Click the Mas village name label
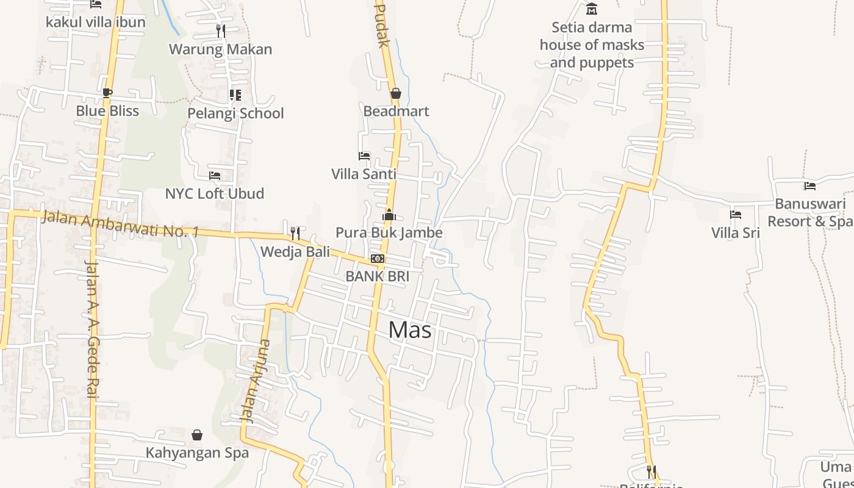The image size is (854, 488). [410, 330]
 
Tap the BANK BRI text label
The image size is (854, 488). [377, 276]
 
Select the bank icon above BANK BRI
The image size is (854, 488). [378, 259]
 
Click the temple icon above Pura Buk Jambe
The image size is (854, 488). [389, 215]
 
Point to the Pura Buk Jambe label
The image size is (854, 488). [389, 232]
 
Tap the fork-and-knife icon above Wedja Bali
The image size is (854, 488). [295, 233]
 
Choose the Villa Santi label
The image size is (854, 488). [364, 174]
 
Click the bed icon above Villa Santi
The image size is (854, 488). [364, 156]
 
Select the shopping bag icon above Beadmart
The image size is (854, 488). [396, 93]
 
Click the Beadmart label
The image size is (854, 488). [396, 111]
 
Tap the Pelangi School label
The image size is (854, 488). [235, 113]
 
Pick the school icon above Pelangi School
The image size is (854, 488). [235, 95]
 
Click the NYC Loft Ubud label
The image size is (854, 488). [215, 194]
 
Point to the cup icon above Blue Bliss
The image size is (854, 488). [107, 93]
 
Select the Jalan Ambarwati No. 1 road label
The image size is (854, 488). [120, 224]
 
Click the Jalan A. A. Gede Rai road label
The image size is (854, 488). [92, 329]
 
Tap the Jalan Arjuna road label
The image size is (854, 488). [256, 381]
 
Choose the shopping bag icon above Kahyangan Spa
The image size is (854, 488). [197, 435]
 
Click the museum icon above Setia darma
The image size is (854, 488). [592, 9]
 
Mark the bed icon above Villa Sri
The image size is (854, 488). [736, 215]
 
